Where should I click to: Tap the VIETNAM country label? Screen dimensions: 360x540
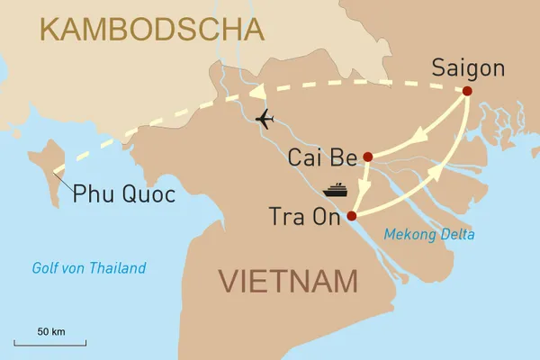pos(287,282)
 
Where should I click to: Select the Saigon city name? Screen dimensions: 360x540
pos(468,68)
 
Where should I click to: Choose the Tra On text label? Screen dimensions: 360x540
pos(306,216)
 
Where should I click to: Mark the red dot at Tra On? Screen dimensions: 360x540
pos(352,216)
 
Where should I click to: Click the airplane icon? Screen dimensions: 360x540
pos(265,118)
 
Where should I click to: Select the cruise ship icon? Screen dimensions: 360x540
pos(336,189)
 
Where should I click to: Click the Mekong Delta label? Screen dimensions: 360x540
pos(428,235)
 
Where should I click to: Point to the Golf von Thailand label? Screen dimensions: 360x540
pos(88,268)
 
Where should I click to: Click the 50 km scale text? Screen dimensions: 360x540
pos(51,332)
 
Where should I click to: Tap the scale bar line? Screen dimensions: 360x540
pos(51,344)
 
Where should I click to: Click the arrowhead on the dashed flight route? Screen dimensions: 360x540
pos(260,94)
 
